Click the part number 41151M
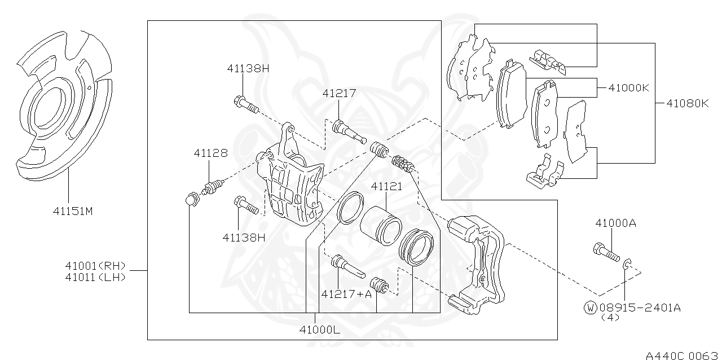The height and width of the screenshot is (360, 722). [73, 212]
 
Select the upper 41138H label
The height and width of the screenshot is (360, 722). [248, 68]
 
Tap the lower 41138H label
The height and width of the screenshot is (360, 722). [243, 238]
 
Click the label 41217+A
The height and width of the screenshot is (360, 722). [347, 293]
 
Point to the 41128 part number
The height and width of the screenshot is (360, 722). [210, 153]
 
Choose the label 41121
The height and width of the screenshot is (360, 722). [386, 186]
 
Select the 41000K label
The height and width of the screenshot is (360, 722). [629, 88]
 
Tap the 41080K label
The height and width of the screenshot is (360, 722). [687, 103]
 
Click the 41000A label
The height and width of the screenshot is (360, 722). [615, 223]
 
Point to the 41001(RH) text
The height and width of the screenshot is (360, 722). [94, 266]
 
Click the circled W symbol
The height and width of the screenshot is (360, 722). [590, 308]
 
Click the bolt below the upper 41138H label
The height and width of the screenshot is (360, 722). [245, 104]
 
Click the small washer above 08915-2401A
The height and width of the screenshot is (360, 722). [627, 262]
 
